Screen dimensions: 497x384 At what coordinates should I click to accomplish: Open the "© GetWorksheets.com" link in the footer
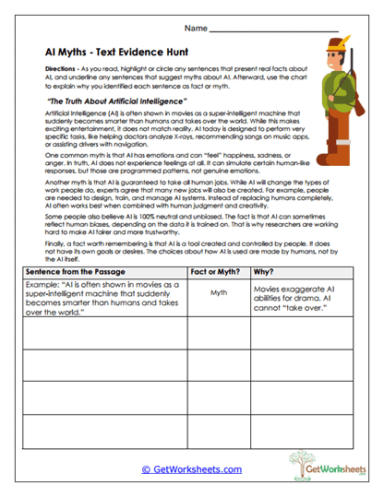pyautogui.click(x=191, y=469)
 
